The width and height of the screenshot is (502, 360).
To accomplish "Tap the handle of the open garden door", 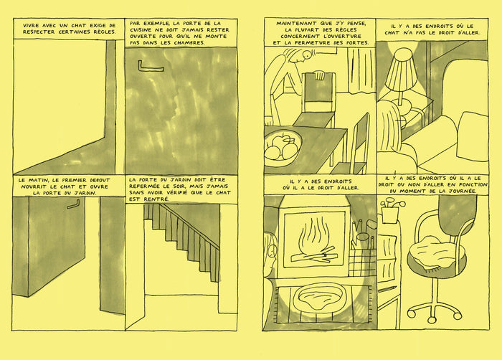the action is tap(74, 204).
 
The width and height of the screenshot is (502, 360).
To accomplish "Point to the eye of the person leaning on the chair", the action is tap(308, 55).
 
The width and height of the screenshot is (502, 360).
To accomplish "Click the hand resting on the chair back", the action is tap(319, 75).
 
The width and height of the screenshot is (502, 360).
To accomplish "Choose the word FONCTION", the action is tap(473, 185).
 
